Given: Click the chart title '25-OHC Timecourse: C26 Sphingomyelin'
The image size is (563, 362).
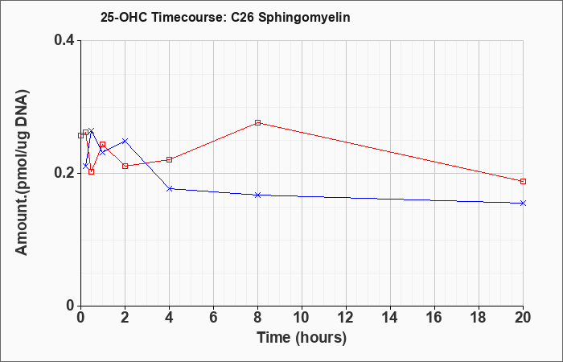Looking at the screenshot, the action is (225, 18).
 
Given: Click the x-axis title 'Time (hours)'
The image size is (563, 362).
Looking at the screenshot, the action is (302, 338).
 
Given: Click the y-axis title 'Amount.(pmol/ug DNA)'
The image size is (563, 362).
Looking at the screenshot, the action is (22, 172).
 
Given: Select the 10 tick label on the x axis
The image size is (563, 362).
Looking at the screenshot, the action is (302, 318).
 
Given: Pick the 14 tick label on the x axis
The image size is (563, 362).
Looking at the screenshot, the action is (390, 318).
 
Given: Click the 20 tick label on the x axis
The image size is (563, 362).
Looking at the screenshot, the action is (523, 318).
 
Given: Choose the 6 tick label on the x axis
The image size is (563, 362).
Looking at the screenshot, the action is (213, 318).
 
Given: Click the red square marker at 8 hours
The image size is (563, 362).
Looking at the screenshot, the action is (257, 122).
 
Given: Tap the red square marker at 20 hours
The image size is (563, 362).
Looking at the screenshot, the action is (523, 181).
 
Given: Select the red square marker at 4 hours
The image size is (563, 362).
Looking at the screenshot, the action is (169, 159).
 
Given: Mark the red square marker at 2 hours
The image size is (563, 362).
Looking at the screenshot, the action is (125, 166).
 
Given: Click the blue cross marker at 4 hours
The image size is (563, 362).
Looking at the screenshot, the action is (170, 188).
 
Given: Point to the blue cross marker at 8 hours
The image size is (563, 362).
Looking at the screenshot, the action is (257, 195).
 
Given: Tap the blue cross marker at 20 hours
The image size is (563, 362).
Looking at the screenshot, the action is (523, 204).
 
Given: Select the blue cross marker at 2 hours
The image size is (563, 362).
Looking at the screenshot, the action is (125, 141).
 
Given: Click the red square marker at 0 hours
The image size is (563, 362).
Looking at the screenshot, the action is (80, 135).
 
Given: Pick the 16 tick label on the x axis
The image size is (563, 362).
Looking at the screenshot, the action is (434, 318).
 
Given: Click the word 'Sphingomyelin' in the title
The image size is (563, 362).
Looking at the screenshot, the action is (304, 18).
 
